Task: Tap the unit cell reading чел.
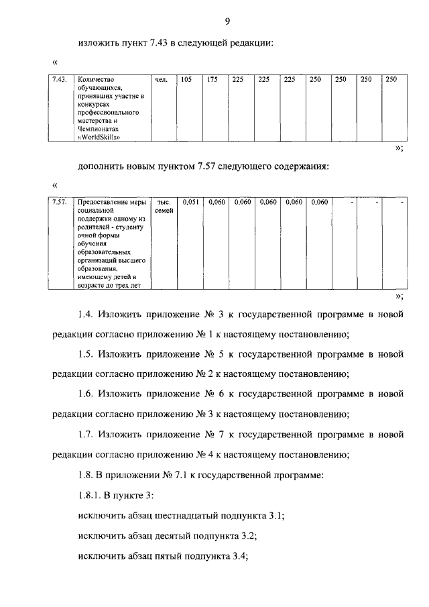[160, 80]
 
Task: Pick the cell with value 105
[186, 80]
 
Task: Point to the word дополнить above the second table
[101, 166]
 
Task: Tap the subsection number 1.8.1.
[91, 495]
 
